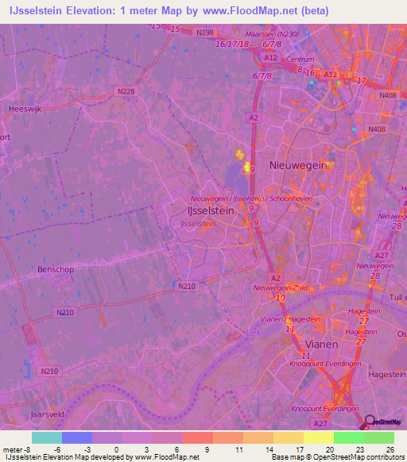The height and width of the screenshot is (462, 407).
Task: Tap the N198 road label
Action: click(x=204, y=33)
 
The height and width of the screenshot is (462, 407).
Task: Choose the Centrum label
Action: click(x=300, y=60)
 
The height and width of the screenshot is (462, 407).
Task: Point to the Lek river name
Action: click(x=254, y=333)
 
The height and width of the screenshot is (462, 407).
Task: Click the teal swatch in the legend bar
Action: click(x=47, y=437)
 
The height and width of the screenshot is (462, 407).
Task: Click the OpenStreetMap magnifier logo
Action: click(x=370, y=423)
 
